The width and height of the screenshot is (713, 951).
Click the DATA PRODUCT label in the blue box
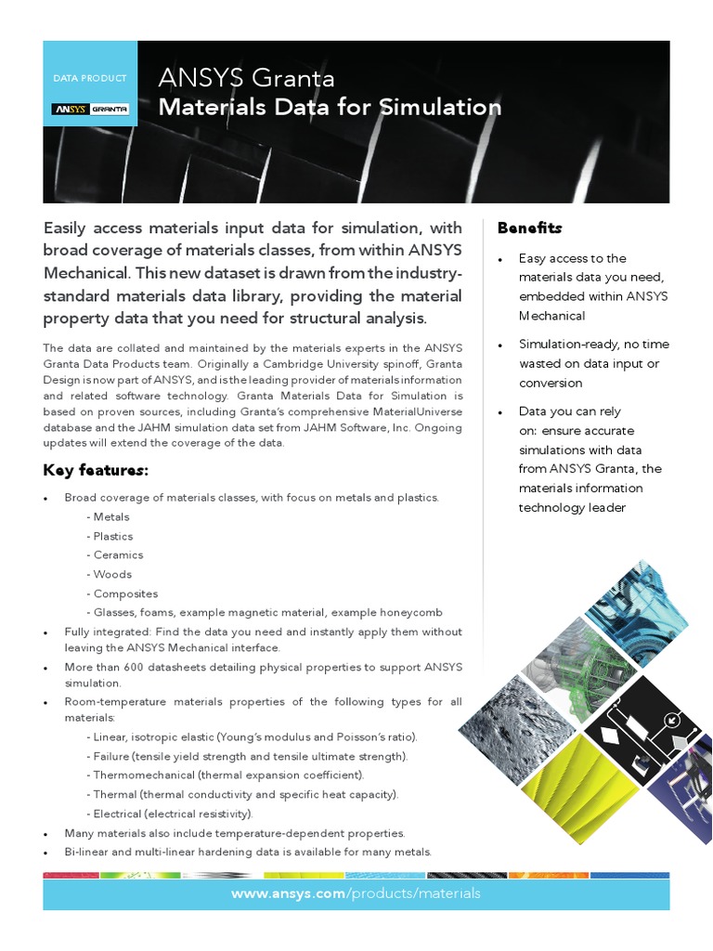click(90, 79)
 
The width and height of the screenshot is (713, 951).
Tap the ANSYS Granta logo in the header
click(90, 109)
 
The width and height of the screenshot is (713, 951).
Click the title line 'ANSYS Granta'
click(246, 78)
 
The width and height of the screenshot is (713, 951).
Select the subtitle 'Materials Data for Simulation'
click(330, 107)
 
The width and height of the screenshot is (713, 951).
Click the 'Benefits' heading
click(529, 228)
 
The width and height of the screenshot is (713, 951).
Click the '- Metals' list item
click(108, 516)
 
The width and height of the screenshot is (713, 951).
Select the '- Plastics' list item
click(110, 536)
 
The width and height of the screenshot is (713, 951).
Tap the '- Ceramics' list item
click(114, 554)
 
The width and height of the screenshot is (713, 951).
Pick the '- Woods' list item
click(110, 574)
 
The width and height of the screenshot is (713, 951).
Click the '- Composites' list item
click(122, 593)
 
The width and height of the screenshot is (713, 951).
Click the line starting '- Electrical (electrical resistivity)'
click(169, 814)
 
